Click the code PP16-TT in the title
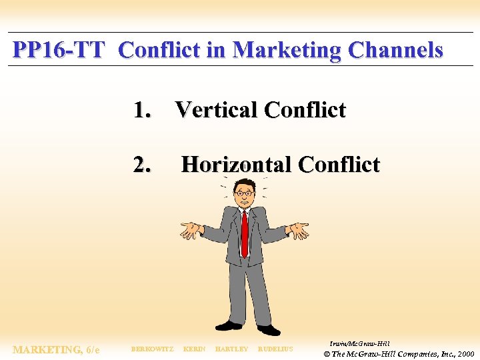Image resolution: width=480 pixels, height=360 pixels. (59, 50)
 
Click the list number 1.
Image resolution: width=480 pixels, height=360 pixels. (141, 110)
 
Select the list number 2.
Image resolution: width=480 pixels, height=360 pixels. (142, 164)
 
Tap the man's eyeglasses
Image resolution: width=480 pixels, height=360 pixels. (244, 193)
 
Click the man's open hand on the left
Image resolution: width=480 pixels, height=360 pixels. (191, 230)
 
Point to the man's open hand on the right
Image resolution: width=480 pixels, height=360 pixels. (297, 229)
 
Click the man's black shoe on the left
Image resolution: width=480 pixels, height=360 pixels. (229, 325)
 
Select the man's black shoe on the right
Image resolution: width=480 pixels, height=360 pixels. (269, 329)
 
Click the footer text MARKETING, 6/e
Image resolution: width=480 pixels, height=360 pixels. (56, 349)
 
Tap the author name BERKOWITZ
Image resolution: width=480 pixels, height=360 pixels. (152, 349)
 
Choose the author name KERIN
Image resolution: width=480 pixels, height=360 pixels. (194, 349)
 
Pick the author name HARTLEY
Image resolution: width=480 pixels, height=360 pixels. (232, 349)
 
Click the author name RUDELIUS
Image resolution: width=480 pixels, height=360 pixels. (275, 349)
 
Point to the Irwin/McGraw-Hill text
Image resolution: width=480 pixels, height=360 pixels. (360, 343)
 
